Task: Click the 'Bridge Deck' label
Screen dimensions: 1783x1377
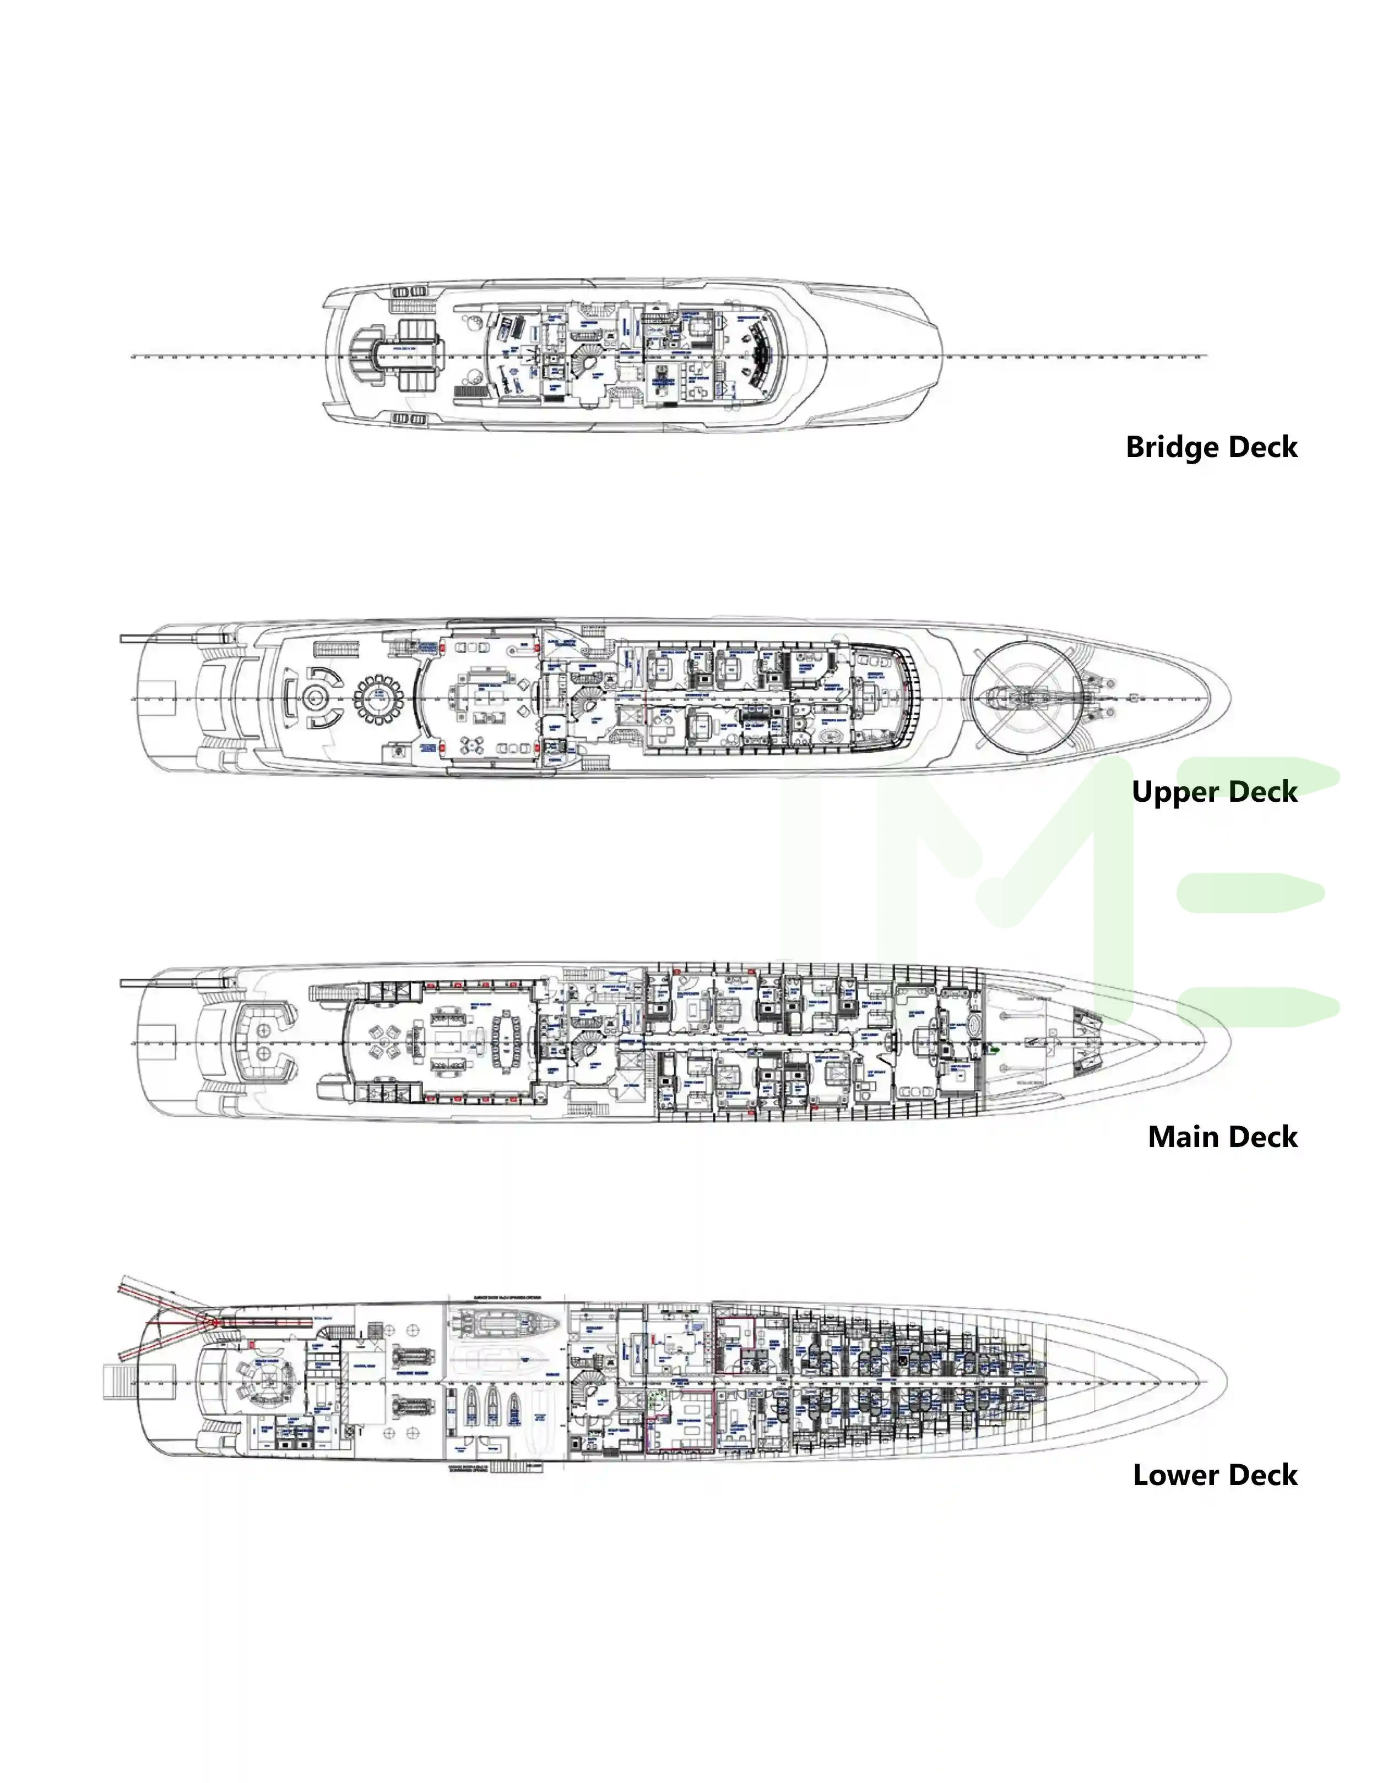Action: (x=1211, y=447)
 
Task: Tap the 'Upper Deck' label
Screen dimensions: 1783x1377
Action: (x=1213, y=791)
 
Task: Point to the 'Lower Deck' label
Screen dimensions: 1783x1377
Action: (x=1215, y=1475)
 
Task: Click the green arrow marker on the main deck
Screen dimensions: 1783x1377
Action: (x=994, y=1049)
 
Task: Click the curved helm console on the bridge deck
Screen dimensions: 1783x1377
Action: (x=761, y=357)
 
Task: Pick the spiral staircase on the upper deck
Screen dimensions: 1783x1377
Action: (x=585, y=702)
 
